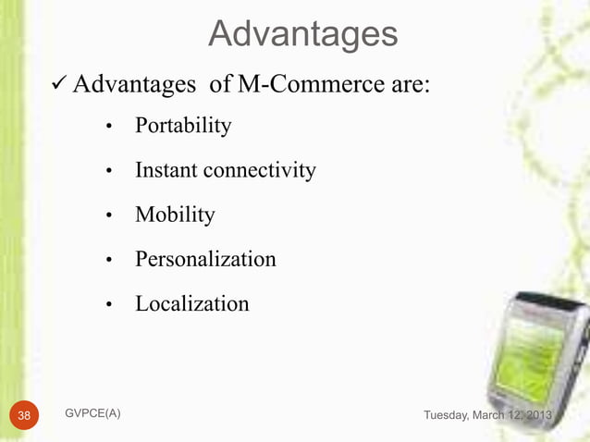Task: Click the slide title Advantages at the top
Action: pos(302,34)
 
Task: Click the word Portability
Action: pos(183,126)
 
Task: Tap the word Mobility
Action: pos(175,215)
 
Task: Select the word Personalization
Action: pos(205,260)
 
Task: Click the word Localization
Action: pos(191,304)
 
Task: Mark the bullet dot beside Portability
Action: pos(109,128)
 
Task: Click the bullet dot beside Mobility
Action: pos(109,217)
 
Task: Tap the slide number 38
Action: pos(22,415)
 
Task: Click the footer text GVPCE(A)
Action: pos(92,414)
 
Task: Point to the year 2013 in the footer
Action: pos(535,415)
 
